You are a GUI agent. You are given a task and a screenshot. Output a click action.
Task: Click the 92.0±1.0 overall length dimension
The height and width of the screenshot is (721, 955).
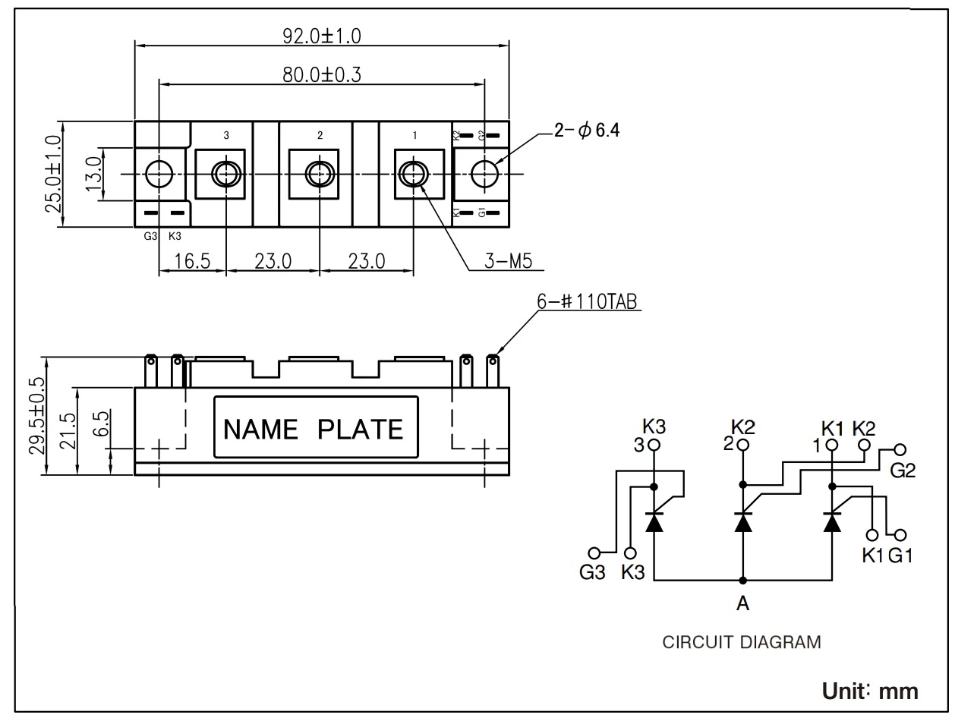[x=323, y=35]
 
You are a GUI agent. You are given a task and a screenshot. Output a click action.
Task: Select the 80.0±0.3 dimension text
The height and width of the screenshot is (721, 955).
[x=322, y=74]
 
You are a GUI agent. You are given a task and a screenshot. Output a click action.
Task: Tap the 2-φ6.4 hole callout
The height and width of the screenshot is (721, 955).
[x=587, y=131]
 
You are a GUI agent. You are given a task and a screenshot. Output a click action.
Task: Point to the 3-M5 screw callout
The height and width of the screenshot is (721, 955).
[x=508, y=263]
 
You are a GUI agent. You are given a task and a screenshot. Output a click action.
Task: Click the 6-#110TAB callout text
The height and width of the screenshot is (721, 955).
[x=588, y=301]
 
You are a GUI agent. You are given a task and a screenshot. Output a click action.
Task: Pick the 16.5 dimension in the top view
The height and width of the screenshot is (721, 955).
[x=191, y=262]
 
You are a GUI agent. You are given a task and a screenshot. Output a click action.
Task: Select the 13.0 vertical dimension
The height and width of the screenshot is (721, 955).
[x=95, y=174]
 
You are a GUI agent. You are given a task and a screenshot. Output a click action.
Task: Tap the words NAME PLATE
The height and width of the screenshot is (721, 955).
[x=314, y=430]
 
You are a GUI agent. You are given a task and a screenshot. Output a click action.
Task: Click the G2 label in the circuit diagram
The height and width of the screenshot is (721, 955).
[x=903, y=471]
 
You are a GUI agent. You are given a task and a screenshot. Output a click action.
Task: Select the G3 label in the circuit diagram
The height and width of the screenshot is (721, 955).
[x=592, y=572]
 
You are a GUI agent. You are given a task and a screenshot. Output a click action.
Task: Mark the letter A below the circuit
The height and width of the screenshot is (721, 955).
[x=742, y=604]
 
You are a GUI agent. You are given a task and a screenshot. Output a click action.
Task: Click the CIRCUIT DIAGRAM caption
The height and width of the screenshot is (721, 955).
[x=742, y=642]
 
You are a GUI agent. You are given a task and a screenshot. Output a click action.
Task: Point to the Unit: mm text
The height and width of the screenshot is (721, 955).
[x=870, y=691]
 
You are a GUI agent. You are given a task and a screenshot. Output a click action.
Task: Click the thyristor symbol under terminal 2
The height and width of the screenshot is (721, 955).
[x=742, y=522]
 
